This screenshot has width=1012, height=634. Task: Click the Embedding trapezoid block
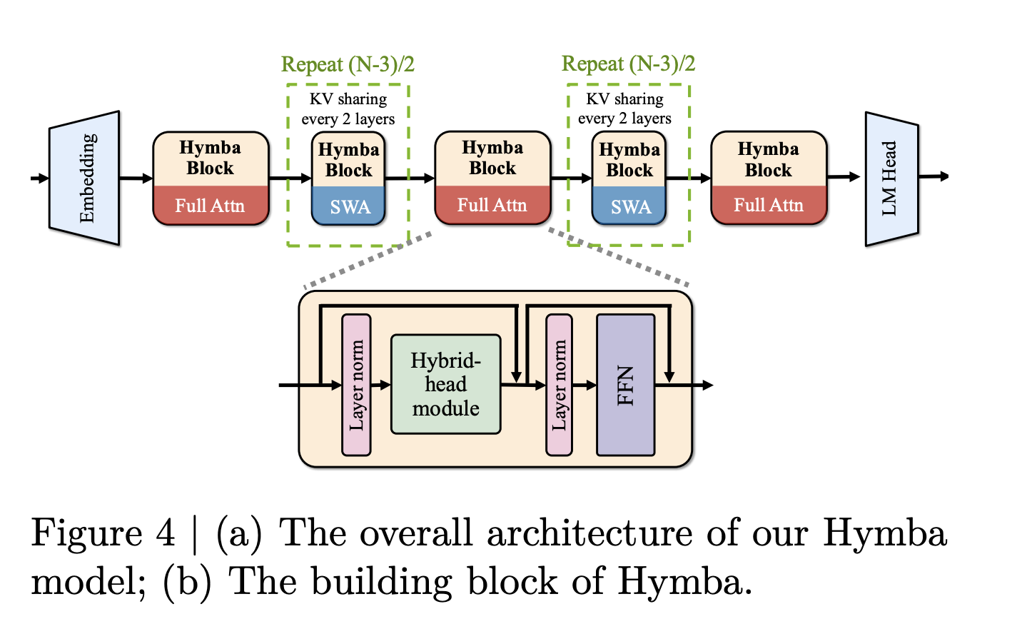click(84, 178)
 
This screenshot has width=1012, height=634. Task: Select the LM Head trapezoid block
click(891, 178)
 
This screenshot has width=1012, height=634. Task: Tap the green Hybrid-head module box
click(445, 384)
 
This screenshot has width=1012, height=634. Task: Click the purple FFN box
click(625, 385)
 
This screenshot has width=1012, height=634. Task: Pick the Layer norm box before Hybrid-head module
click(356, 385)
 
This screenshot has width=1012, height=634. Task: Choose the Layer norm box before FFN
click(559, 385)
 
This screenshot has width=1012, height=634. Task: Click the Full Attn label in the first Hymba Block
click(210, 206)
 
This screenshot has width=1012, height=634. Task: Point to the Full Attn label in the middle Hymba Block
click(492, 206)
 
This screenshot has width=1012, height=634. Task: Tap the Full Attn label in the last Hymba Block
click(769, 206)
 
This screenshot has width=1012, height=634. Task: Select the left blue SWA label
click(350, 207)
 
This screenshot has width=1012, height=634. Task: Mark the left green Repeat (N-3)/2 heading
click(348, 65)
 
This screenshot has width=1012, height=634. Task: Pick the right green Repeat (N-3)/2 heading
click(628, 64)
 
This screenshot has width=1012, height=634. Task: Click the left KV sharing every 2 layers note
click(348, 109)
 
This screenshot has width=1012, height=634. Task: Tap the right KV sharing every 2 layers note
click(625, 109)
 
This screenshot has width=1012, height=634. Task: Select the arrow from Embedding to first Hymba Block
click(136, 178)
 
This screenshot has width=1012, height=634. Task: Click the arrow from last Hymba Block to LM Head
click(845, 177)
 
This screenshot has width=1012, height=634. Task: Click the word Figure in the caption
click(87, 533)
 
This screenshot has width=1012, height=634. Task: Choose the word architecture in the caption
click(590, 533)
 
